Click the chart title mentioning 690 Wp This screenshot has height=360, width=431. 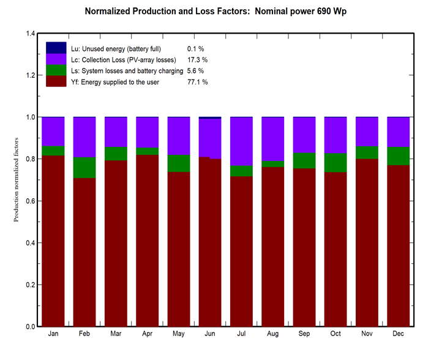click(215, 12)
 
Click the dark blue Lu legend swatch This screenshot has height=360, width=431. click(56, 48)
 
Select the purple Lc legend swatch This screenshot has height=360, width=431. click(56, 59)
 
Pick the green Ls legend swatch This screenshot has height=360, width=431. click(56, 70)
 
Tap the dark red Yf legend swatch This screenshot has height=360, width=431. click(56, 81)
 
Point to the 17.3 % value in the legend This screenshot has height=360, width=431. click(197, 60)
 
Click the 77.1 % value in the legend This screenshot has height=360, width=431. click(197, 82)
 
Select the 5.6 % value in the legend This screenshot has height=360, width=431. click(195, 71)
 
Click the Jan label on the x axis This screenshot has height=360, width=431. click(53, 334)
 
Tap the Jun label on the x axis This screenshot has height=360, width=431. click(210, 334)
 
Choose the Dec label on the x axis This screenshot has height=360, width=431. click(398, 334)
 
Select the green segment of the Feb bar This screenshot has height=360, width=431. click(84, 168)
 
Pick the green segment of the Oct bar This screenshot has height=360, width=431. click(335, 162)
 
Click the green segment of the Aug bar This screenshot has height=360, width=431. click(272, 164)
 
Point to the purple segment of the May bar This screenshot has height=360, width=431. click(178, 136)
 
